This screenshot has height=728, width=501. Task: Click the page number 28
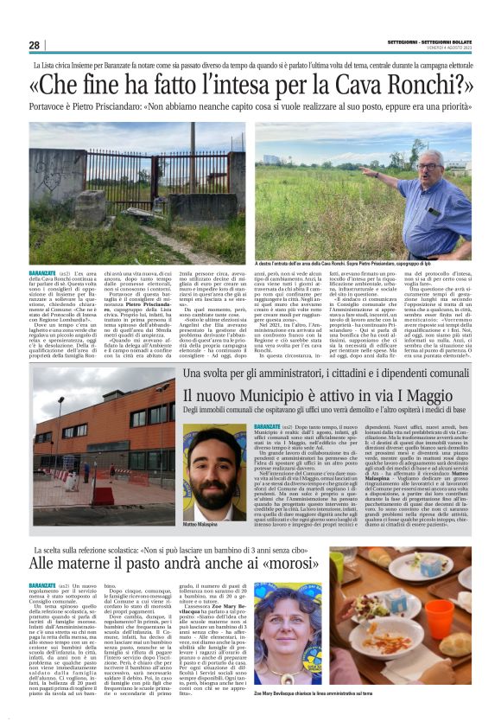[x=34, y=45]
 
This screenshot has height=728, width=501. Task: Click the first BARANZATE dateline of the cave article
[x=44, y=272]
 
